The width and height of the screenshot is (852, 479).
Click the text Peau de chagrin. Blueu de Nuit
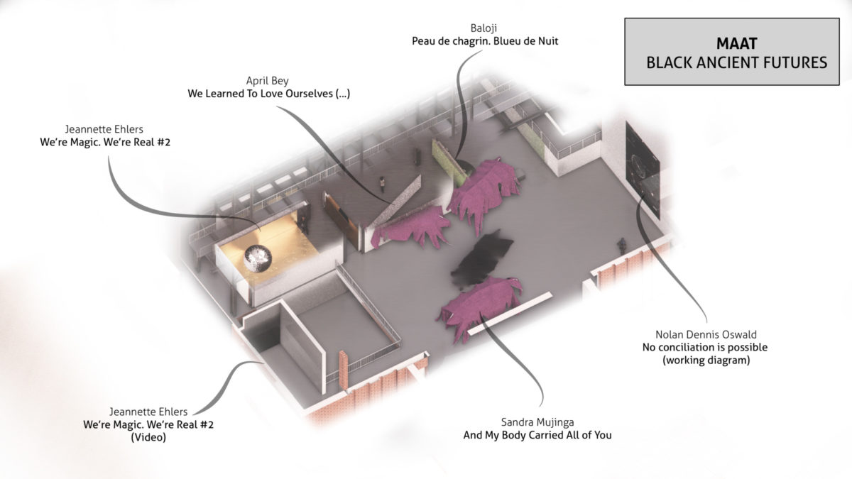(x=485, y=41)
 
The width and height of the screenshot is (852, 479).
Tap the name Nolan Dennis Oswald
(x=705, y=334)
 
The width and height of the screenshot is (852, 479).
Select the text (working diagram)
(x=705, y=360)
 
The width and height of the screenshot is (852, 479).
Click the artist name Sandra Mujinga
(x=537, y=422)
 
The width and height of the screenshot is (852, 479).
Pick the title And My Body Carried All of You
(x=537, y=435)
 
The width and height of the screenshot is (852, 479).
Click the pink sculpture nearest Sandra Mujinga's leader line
(x=481, y=307)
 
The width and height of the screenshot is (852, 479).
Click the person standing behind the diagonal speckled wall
(x=382, y=185)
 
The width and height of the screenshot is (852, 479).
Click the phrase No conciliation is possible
(x=705, y=348)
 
